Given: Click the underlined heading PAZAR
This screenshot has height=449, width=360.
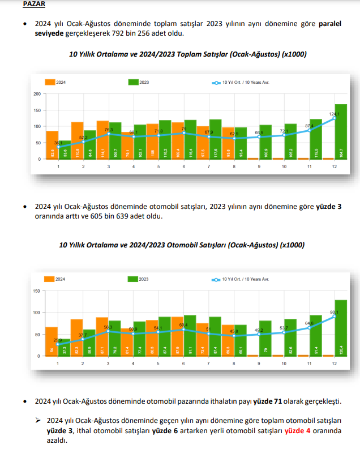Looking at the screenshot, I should [x=34, y=4].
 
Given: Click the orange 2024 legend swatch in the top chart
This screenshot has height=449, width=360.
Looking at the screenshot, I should [x=49, y=82].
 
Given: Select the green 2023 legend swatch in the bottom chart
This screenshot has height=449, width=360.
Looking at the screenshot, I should [x=132, y=279].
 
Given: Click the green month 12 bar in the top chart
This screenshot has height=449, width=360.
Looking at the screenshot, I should [x=341, y=131].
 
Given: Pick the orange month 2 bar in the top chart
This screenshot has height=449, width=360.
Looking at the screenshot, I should [x=78, y=140].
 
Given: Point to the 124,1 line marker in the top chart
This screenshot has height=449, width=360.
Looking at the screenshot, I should [x=335, y=118].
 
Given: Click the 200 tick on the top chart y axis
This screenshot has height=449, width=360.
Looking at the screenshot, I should [x=37, y=94].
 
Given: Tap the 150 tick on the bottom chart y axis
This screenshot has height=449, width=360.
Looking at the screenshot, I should [x=37, y=291].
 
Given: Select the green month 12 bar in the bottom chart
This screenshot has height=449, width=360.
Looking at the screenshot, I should [x=341, y=328].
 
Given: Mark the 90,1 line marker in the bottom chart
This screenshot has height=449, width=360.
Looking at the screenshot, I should [x=335, y=316].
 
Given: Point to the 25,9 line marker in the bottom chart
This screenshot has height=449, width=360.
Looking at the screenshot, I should [x=58, y=344].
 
